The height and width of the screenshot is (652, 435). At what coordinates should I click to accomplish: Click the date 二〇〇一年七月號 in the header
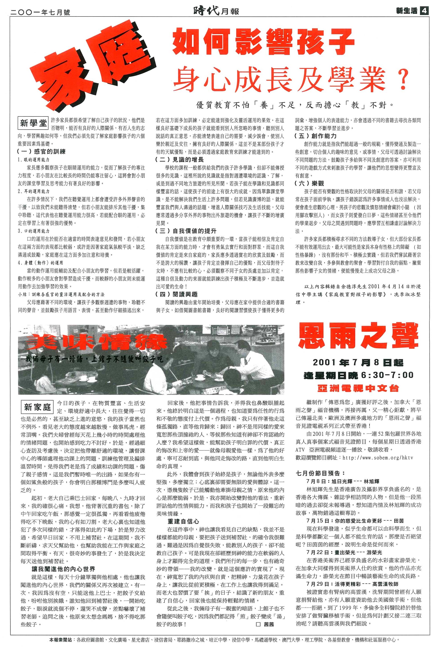(x=41, y=12)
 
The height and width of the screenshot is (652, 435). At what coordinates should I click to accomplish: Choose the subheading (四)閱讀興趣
(x=177, y=294)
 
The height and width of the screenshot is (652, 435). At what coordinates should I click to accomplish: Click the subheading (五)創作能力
(x=316, y=136)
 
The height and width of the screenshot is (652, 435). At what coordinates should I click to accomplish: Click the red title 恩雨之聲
(x=358, y=337)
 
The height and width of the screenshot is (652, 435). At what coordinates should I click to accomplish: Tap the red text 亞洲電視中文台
(x=358, y=388)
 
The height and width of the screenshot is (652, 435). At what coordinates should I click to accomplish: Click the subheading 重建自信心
(x=183, y=522)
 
